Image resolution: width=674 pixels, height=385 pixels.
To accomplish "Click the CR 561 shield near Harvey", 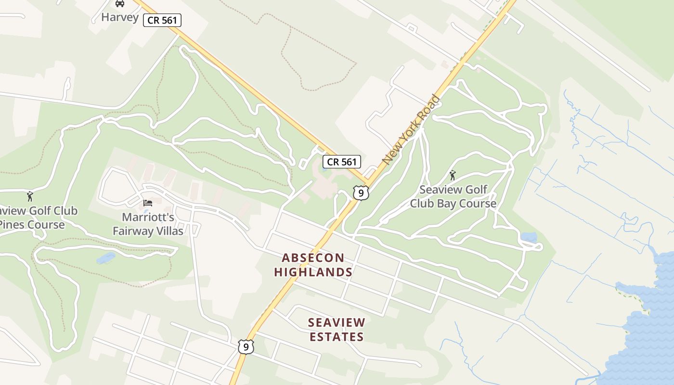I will click(162, 20).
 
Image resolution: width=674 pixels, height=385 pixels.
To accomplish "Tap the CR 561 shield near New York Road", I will click(341, 162).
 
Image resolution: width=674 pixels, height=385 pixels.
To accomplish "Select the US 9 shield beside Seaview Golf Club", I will click(361, 192).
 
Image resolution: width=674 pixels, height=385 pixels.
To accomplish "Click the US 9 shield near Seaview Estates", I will click(246, 346).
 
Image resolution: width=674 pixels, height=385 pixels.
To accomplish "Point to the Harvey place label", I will click(120, 18).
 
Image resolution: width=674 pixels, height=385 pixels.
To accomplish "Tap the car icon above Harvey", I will click(120, 4).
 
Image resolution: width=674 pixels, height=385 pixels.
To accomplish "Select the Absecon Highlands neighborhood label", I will click(313, 265).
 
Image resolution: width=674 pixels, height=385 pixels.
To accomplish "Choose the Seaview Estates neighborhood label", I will click(337, 329).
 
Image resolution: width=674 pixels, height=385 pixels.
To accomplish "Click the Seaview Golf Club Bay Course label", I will click(453, 196).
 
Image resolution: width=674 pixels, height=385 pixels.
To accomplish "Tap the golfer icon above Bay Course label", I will click(452, 175).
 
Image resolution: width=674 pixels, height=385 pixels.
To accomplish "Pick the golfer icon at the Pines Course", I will click(30, 196).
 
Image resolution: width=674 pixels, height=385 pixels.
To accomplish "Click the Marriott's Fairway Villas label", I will click(148, 224).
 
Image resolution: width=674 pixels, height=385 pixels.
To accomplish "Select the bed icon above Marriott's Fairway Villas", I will click(148, 203).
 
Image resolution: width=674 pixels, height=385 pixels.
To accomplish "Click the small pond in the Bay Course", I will click(529, 237).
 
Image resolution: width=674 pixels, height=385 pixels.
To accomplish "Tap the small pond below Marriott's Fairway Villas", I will click(106, 258).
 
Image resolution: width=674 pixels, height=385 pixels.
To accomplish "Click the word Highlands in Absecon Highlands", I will click(313, 272).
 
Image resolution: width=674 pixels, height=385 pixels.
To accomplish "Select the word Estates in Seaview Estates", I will click(337, 336).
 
